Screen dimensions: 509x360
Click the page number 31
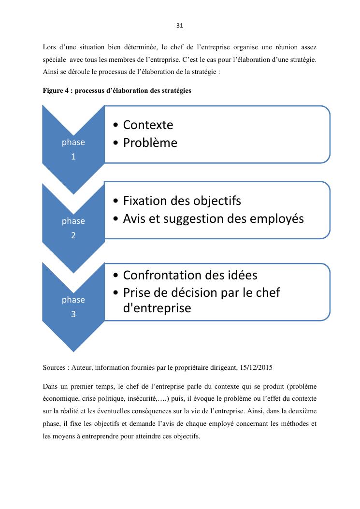[180, 25]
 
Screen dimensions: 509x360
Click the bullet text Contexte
[148, 125]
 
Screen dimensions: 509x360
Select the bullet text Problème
[150, 143]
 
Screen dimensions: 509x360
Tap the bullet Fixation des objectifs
[182, 201]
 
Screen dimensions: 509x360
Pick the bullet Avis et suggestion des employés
[213, 218]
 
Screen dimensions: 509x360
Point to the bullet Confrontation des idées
[190, 275]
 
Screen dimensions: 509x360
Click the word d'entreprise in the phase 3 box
[157, 308]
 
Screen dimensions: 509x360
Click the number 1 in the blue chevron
[73, 157]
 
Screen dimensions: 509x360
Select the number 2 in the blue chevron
[73, 235]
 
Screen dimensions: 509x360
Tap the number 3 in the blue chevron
[73, 314]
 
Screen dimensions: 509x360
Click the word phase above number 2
[73, 221]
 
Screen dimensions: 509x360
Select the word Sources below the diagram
[54, 367]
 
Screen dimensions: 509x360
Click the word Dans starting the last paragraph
[50, 387]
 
